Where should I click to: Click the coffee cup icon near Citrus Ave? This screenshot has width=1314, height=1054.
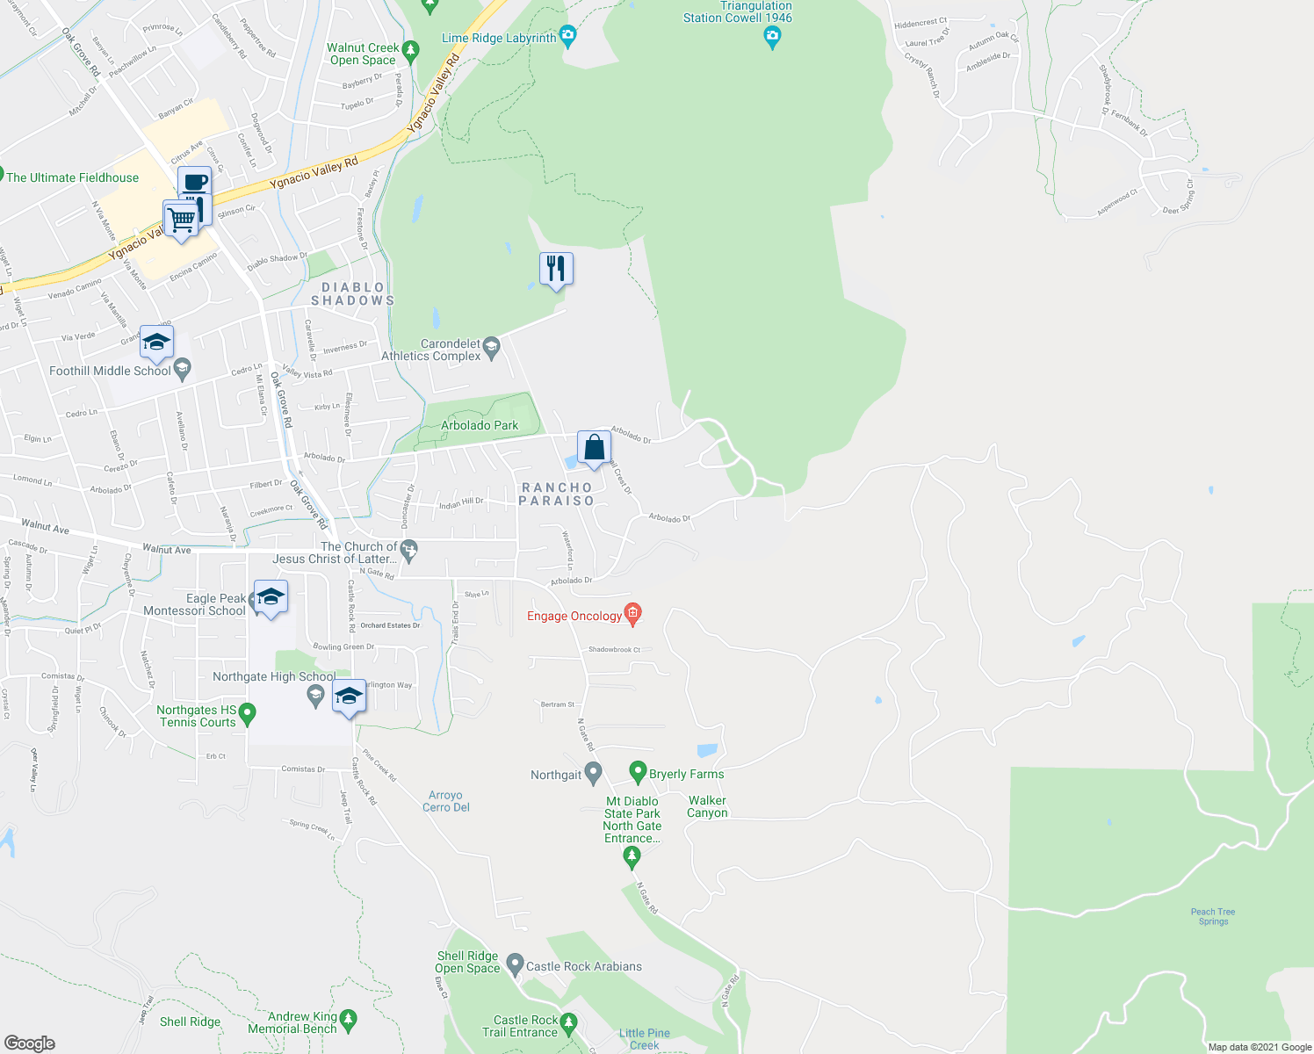(194, 183)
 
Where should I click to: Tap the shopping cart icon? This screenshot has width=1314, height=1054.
(180, 217)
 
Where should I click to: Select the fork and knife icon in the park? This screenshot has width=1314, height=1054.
(556, 268)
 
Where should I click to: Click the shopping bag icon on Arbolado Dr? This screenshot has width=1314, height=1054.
(594, 447)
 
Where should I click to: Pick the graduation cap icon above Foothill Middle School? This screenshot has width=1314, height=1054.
(156, 343)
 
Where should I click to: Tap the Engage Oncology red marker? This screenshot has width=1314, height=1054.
(632, 613)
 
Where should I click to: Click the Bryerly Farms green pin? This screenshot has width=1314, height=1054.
(639, 772)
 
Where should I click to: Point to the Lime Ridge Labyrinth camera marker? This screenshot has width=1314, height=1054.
(568, 36)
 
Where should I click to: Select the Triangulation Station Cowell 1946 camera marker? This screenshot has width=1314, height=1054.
(772, 36)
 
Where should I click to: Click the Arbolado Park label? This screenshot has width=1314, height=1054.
(480, 425)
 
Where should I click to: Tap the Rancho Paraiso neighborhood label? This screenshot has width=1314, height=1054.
(557, 494)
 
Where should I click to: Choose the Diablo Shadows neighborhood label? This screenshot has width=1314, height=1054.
(353, 294)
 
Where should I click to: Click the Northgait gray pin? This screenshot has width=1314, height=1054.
(594, 773)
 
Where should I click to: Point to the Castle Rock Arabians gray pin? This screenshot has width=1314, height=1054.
(516, 964)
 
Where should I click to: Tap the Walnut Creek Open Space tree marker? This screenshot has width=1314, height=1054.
(409, 52)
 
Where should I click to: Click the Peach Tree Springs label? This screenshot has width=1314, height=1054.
(1213, 916)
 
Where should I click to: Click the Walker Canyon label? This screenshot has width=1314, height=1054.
(707, 806)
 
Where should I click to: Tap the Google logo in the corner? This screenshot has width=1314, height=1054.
(29, 1043)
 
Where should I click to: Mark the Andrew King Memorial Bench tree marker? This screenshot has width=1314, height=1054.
(349, 1019)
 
